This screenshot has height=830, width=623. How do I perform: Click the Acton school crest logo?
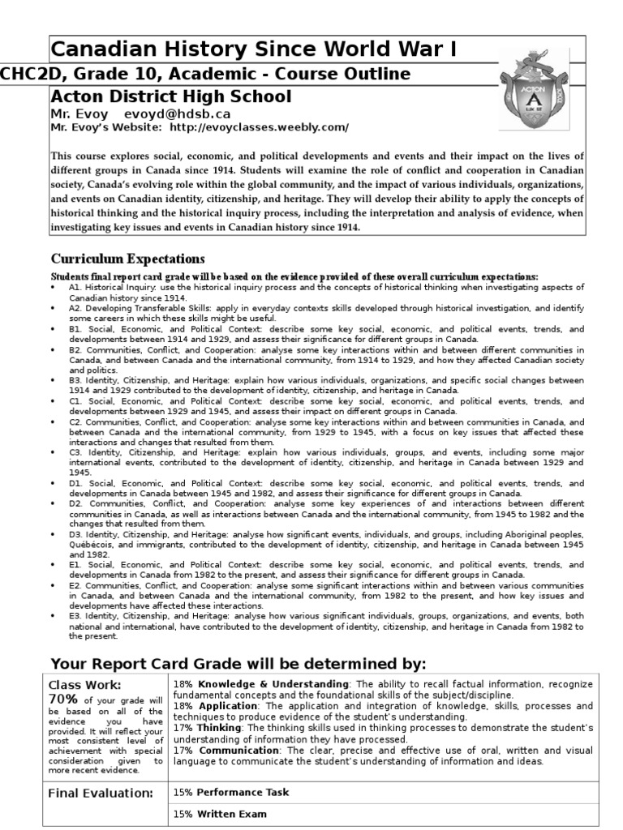(x=541, y=92)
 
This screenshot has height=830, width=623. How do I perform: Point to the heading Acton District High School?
(x=171, y=97)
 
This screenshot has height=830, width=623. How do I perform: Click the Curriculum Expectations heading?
(x=128, y=259)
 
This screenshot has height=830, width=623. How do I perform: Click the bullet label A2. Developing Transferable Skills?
(x=133, y=309)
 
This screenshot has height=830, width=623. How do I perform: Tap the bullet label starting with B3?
(x=75, y=379)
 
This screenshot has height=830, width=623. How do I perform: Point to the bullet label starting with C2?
(x=75, y=422)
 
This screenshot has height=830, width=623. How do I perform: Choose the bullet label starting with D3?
(x=75, y=535)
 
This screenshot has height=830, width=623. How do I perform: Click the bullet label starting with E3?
(x=75, y=616)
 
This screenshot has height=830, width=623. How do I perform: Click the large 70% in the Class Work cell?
(x=64, y=699)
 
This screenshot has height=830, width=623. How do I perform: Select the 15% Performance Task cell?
(x=231, y=792)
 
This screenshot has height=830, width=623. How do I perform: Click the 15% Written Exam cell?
(x=219, y=814)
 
